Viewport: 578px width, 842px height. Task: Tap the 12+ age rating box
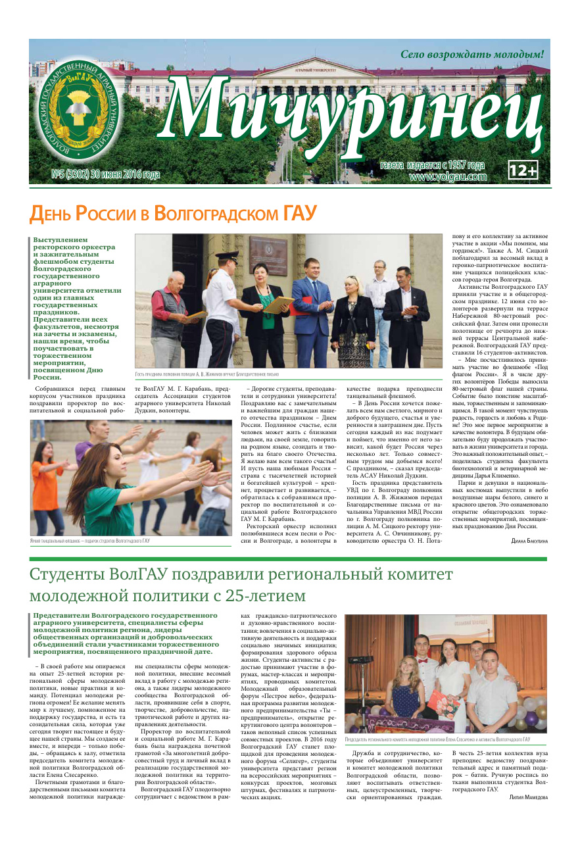[523, 171]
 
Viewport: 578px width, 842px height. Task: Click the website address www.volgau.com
[447, 176]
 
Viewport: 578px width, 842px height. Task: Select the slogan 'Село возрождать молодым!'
[471, 55]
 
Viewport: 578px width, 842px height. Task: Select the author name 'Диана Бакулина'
[529, 541]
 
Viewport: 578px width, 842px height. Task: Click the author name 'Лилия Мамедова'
[527, 814]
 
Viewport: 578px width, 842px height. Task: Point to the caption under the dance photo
[90, 541]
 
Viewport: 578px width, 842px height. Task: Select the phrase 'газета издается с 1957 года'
[433, 165]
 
